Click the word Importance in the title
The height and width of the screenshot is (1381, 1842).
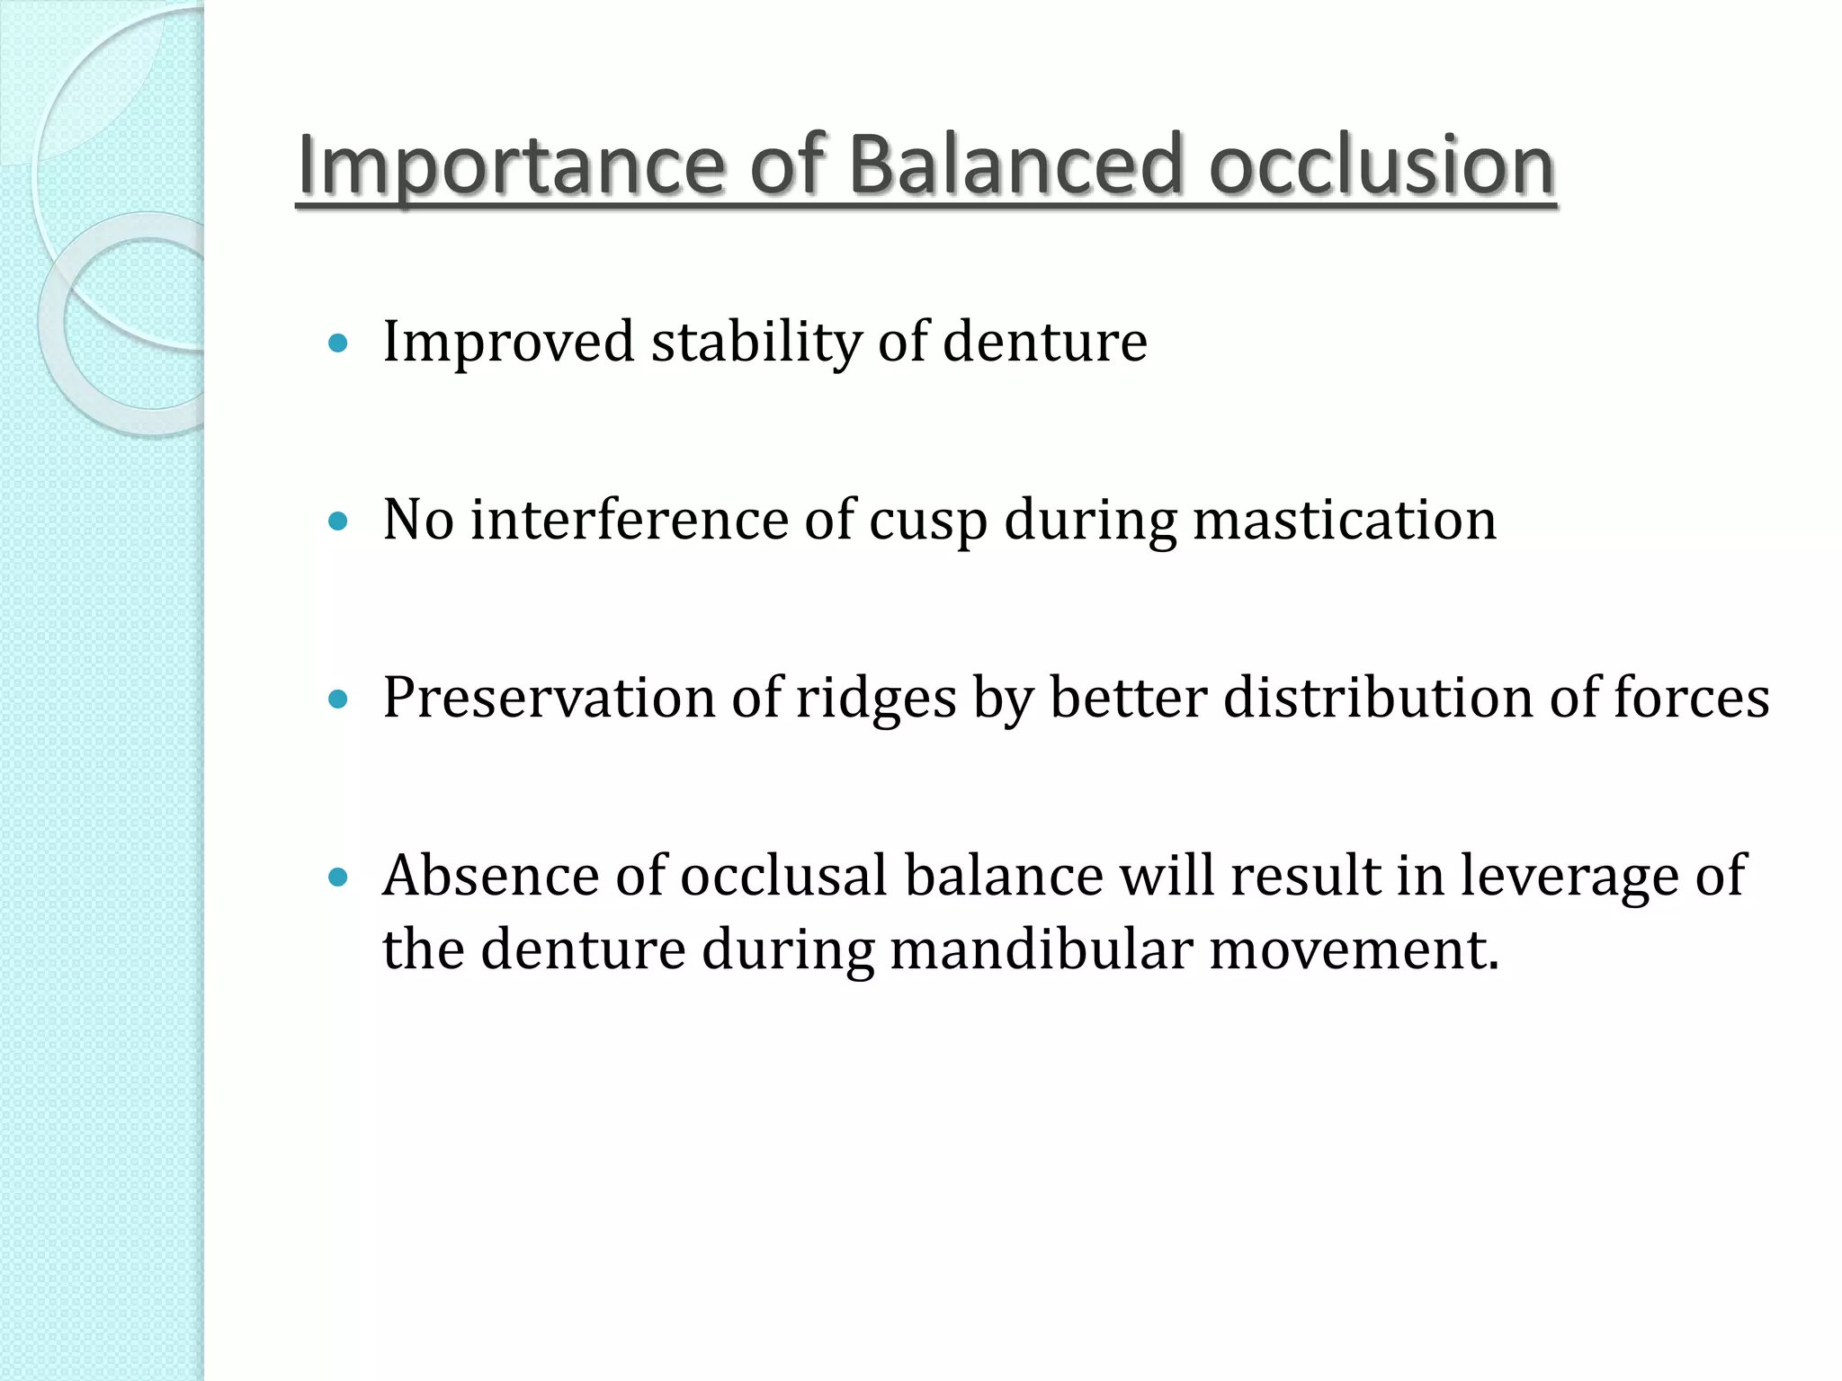coord(509,166)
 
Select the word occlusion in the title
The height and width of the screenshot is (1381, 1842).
coord(1381,166)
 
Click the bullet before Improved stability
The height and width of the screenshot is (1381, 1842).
coord(338,343)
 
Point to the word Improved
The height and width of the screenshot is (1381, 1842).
coord(508,343)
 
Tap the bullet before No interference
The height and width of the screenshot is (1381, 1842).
coord(338,521)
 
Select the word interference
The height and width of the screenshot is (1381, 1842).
coord(629,520)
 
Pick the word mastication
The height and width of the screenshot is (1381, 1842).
coord(1344,521)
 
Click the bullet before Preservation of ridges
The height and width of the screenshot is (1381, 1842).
coord(338,699)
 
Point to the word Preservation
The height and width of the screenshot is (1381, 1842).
coord(548,699)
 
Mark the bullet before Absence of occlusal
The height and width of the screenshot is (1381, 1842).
coord(338,877)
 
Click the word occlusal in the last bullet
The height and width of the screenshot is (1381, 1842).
coord(783,876)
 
